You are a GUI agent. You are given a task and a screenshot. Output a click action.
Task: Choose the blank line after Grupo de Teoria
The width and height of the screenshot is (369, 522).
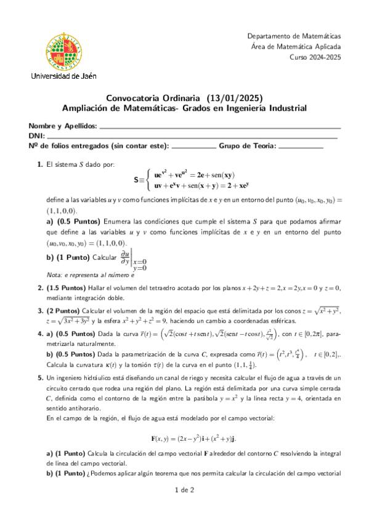pyautogui.click(x=301, y=148)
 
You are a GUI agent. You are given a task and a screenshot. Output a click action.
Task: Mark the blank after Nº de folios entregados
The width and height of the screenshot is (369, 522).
pyautogui.click(x=192, y=148)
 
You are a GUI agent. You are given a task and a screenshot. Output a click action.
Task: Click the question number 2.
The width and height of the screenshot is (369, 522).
pyautogui.click(x=40, y=287)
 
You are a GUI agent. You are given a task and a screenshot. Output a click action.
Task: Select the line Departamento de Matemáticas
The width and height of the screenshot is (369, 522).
pyautogui.click(x=294, y=36)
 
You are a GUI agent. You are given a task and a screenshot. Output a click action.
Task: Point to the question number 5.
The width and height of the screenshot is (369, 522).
pyautogui.click(x=40, y=376)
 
